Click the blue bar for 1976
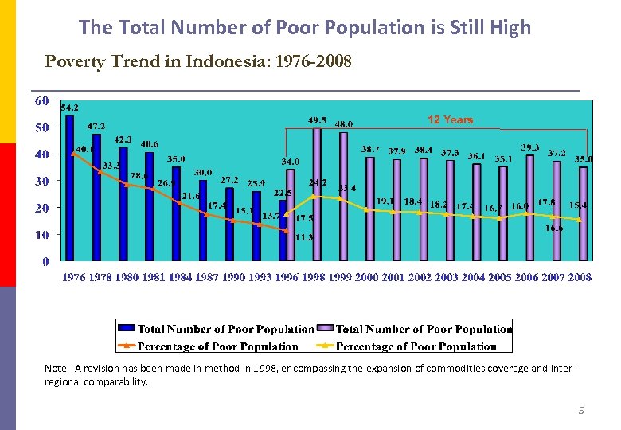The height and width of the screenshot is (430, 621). pos(69,188)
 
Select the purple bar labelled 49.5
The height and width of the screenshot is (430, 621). pos(317,194)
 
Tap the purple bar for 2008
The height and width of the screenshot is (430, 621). pos(584,213)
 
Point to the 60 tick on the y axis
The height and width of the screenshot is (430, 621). pos(41,101)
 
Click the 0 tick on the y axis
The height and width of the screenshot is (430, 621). pos(45,261)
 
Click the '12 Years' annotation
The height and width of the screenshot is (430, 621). pos(450,119)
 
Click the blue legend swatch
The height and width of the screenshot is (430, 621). pos(126,329)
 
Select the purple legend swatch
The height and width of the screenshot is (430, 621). pos(325,329)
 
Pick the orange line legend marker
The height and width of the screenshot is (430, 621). pos(126,346)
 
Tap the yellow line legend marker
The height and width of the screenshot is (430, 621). pos(325,346)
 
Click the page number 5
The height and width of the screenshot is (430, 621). pos(580,411)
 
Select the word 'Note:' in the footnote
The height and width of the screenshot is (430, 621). pos(57,369)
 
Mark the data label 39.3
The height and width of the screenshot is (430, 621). pos(530,147)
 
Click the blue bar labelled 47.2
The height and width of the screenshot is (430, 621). pos(96,197)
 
